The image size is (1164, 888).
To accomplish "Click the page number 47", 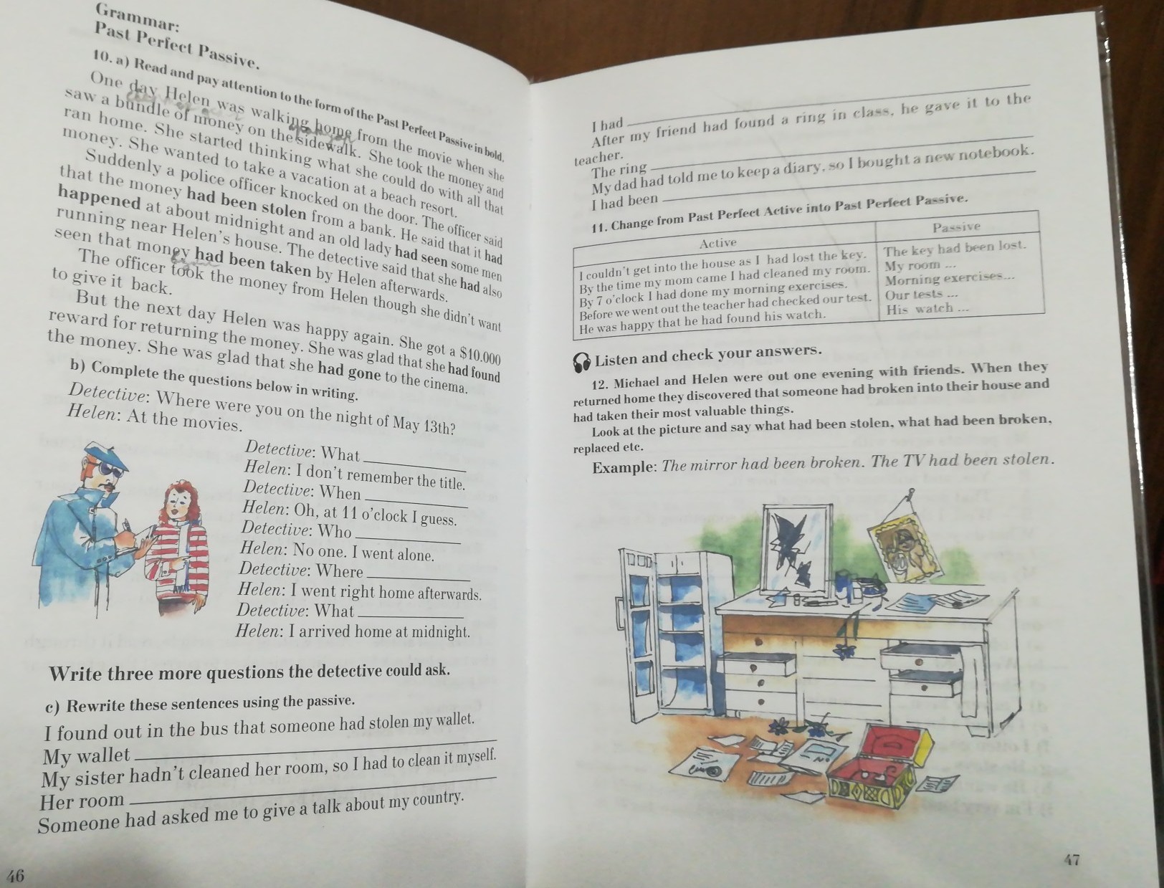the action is coord(1072,859).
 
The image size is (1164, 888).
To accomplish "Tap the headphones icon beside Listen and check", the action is coord(582,363).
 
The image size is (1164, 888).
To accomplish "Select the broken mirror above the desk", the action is coord(796,549).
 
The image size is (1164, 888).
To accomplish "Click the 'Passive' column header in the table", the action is coord(956,227).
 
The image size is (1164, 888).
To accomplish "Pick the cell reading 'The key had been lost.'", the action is coord(955,248).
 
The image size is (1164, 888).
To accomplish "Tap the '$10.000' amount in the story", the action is coord(480,355).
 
